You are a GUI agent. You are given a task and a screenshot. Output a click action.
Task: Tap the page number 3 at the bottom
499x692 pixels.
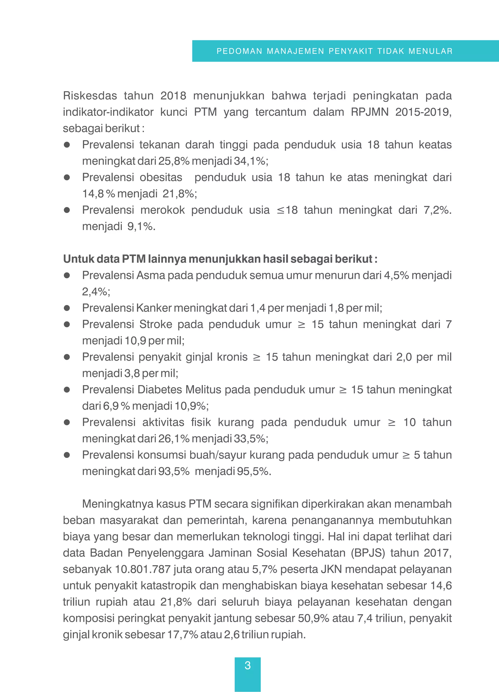pyautogui.click(x=248, y=665)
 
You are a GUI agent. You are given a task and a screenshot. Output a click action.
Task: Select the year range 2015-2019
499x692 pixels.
pyautogui.click(x=423, y=112)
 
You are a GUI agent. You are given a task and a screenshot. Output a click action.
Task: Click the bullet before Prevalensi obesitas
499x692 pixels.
pyautogui.click(x=67, y=177)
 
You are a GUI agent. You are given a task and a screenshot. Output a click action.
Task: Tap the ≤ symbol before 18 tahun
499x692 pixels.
pyautogui.click(x=280, y=210)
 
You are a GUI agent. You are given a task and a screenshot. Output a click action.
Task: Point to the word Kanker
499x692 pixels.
pyautogui.click(x=154, y=308)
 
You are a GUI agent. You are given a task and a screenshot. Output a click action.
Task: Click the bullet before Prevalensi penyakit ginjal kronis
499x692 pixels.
pyautogui.click(x=67, y=357)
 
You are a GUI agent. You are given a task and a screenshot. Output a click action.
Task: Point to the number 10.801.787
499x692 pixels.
pyautogui.click(x=143, y=569)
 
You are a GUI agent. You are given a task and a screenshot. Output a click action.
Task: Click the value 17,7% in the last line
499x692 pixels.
pyautogui.click(x=182, y=635)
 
